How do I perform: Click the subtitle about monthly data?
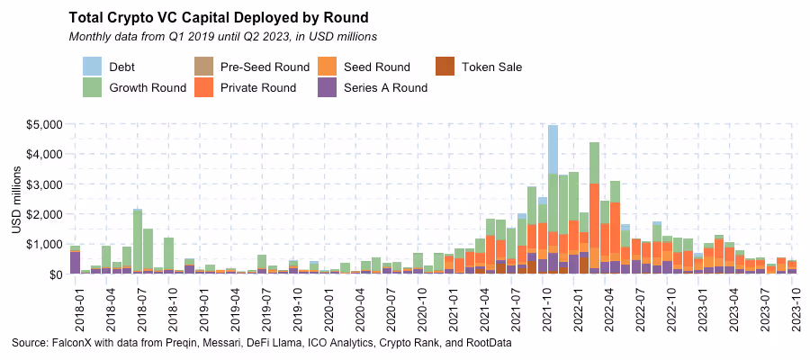coord(222,37)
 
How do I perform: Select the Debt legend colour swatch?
coord(93,67)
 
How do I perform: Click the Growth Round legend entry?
coord(147,88)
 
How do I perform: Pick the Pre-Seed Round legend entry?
coord(264,67)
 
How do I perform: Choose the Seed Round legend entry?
coord(377,67)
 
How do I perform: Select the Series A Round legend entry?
coord(385,88)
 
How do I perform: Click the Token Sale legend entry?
coord(491,67)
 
